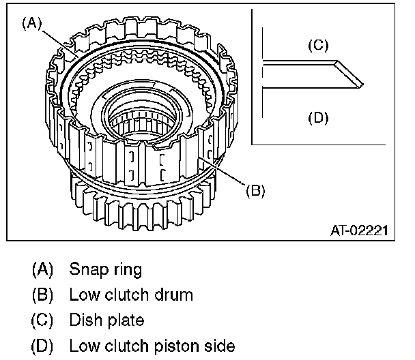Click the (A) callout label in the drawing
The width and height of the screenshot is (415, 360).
click(x=31, y=22)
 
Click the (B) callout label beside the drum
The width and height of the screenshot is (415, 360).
click(x=254, y=190)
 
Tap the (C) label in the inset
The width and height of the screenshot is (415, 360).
click(x=317, y=46)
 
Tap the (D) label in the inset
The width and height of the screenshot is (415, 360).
click(x=317, y=117)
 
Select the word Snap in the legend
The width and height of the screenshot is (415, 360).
click(x=85, y=269)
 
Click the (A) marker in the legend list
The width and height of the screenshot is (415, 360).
click(x=42, y=269)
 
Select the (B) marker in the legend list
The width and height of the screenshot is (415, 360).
click(x=42, y=295)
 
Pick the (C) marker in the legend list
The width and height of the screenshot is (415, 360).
click(x=42, y=320)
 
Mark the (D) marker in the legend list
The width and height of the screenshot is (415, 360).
click(x=42, y=346)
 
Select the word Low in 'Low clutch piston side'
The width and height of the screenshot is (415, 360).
click(x=83, y=346)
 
